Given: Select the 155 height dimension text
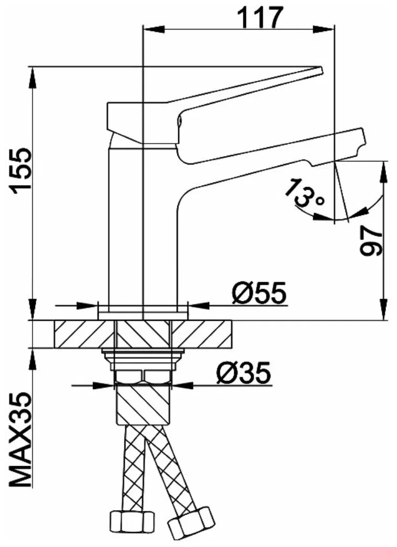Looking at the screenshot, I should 22,171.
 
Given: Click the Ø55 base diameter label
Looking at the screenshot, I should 260,293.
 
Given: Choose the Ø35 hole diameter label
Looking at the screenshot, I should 243,374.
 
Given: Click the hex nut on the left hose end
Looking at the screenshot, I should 131,534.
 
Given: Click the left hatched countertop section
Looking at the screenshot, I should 84,334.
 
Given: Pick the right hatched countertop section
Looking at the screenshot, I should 205,334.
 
